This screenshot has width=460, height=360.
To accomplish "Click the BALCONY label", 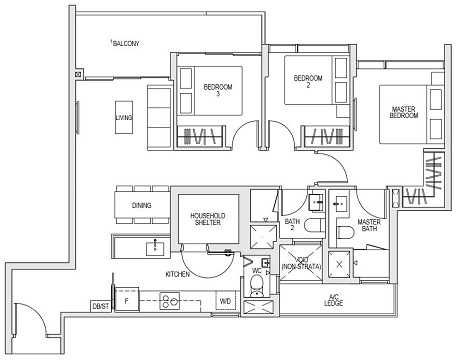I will [125, 43].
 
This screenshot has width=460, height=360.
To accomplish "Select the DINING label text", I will [143, 207].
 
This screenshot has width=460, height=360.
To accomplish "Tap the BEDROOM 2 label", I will [297, 82].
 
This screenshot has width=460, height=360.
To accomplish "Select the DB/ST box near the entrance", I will [101, 305].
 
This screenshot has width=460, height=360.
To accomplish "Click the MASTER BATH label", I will [370, 226].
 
